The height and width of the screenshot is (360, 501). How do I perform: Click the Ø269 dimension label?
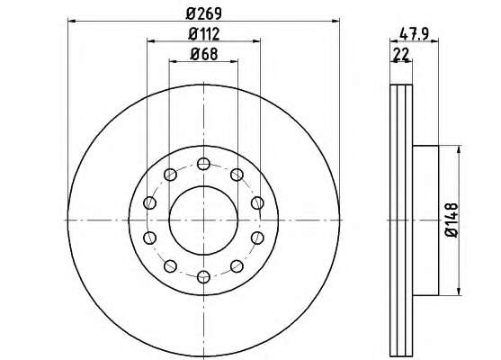[x=204, y=13]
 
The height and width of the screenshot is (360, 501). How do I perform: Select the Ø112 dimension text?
[x=204, y=34]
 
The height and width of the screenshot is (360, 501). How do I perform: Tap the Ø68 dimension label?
[x=204, y=54]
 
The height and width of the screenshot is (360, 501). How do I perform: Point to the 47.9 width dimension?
[x=414, y=34]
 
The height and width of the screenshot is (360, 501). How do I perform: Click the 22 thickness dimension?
[x=401, y=54]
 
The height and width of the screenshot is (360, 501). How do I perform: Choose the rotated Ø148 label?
[x=452, y=220]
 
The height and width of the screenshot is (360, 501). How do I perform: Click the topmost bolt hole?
[x=203, y=164]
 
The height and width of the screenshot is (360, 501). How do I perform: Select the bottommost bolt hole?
[x=203, y=277]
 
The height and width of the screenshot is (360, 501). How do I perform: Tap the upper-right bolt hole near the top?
[x=237, y=175]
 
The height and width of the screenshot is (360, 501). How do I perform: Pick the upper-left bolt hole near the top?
[x=170, y=175]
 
